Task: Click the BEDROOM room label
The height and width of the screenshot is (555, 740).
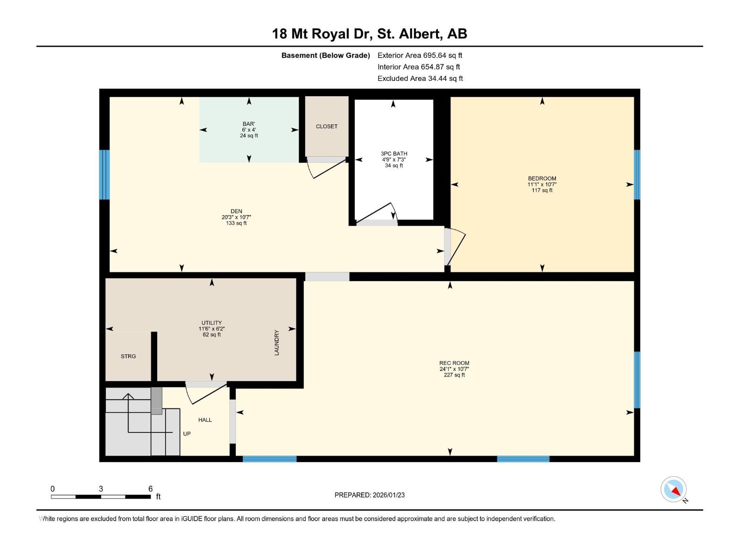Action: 542,179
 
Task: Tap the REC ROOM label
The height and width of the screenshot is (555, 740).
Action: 454,363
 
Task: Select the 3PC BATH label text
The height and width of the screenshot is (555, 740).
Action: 394,154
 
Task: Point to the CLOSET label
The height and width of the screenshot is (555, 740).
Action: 327,126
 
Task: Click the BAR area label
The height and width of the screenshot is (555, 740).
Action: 249,124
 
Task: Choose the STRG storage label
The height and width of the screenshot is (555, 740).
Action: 128,356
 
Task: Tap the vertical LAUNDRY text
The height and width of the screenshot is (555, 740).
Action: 277,343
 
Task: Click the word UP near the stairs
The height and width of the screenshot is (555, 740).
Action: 187,434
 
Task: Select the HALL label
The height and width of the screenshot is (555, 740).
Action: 205,420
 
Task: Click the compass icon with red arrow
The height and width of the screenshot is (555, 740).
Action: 673,489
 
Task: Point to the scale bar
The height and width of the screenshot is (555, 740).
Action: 101,497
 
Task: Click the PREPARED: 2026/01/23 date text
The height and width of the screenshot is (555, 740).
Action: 370,495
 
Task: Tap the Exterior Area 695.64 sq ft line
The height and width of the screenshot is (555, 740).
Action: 420,55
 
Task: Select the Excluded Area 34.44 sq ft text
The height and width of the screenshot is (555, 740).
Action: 420,79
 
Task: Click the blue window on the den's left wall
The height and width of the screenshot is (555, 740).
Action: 105,174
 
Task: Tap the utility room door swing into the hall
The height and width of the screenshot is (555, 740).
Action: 203,394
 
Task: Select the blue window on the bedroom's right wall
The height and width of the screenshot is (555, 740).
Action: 637,174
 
